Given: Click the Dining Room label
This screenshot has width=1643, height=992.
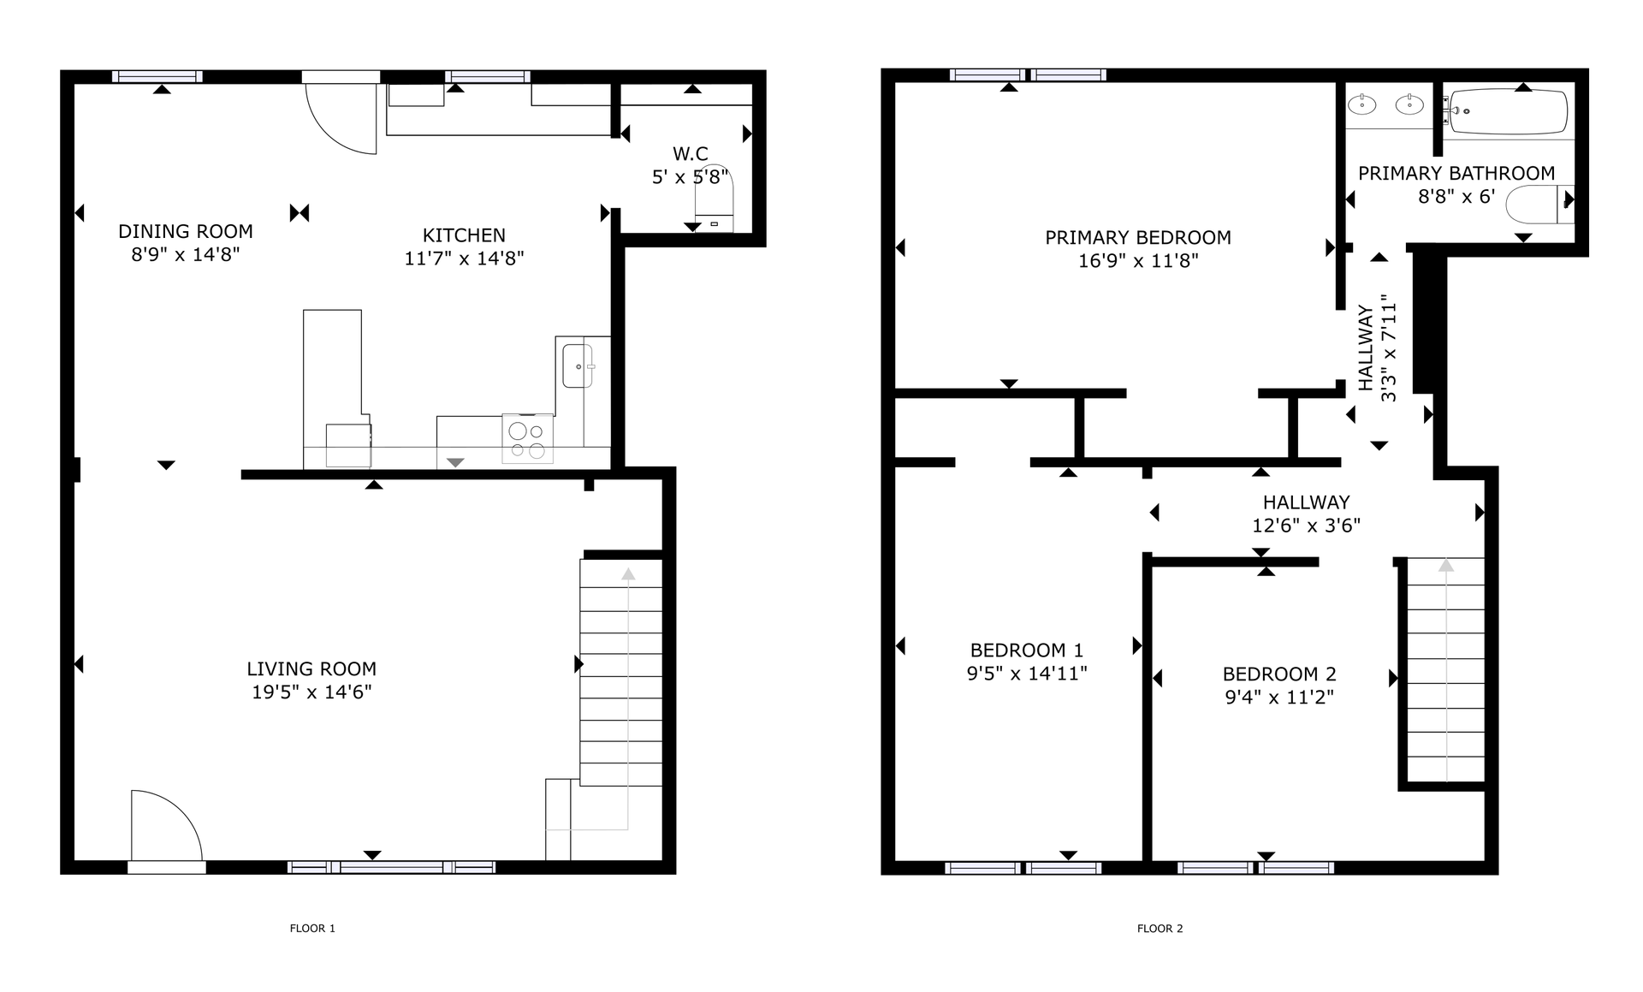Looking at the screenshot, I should pos(185,231).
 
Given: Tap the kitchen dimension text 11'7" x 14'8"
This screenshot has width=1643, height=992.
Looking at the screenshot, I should pos(464,258).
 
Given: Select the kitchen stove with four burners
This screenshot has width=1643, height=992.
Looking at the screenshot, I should pos(527,439).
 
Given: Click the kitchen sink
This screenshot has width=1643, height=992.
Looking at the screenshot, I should pos(577,365).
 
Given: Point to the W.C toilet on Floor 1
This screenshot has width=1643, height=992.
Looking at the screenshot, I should pos(714,196).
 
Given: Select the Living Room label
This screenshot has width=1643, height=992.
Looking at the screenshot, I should pos(311,668).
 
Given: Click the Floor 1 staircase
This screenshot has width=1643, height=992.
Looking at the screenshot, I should pos(621,672).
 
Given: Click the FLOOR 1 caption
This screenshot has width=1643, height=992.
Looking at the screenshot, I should pos(312,928).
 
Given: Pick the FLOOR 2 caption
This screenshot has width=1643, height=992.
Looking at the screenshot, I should pos(1160,928).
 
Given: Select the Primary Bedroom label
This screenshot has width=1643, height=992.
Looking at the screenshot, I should pos(1137,237).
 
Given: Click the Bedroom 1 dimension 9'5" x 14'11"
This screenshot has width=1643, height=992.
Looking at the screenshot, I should pos(1026,673).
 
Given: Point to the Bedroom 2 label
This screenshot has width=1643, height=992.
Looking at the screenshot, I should pos(1278,674).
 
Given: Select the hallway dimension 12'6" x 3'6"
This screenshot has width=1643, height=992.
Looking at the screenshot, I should pos(1306,525).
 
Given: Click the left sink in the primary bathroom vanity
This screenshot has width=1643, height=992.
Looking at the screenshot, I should pos(1361,105).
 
